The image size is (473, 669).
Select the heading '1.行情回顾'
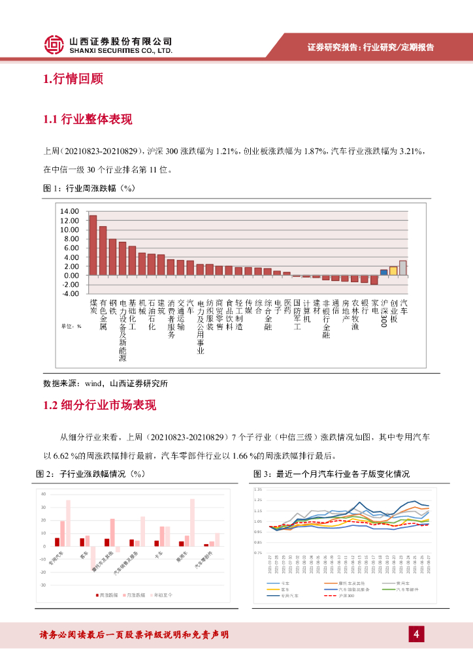73,80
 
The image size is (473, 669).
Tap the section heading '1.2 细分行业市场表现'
99,405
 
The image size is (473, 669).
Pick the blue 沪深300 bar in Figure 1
384,272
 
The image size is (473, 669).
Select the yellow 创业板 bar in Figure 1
393,271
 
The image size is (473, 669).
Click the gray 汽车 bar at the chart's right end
403,268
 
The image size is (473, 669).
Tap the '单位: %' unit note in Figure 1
71,325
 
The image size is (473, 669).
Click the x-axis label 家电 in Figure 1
374,308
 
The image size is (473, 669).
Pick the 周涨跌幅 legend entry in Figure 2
109,596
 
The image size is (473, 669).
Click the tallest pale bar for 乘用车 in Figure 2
193,522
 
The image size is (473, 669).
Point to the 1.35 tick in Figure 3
257,489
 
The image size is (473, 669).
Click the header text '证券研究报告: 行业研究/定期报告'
370,47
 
